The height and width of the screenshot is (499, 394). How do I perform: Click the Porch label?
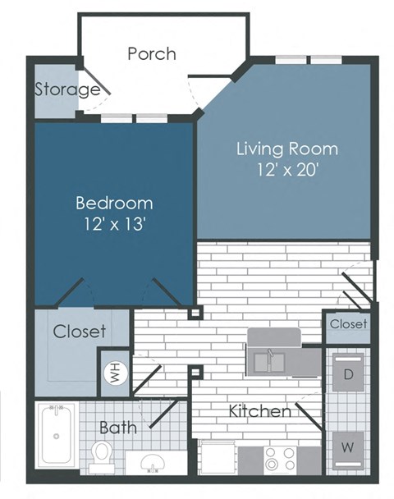[x=152, y=54]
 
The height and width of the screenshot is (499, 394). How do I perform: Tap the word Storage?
[x=66, y=89]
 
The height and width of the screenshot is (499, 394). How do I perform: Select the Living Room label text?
[x=286, y=149]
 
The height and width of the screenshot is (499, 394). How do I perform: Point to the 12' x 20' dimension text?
[x=286, y=172]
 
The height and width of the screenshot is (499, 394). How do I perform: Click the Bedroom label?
[x=114, y=203]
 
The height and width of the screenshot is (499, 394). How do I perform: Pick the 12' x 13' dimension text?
[x=114, y=225]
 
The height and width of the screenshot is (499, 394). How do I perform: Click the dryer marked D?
[x=348, y=376]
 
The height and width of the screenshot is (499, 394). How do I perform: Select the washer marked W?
[x=348, y=448]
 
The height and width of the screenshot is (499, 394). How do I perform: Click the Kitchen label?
[x=259, y=410]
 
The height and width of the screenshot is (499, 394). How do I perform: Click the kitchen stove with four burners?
[x=280, y=459]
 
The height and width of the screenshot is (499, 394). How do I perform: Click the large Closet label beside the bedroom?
[x=80, y=332]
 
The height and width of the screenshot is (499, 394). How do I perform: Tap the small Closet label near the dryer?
[x=348, y=325]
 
